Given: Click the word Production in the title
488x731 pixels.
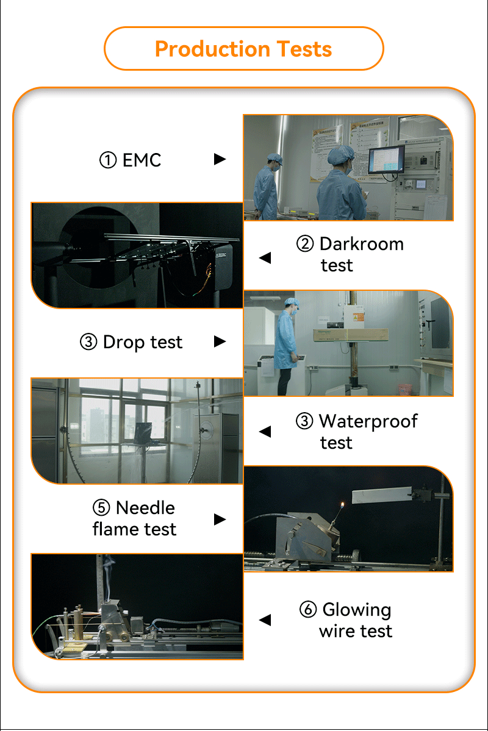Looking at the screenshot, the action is pos(212,49).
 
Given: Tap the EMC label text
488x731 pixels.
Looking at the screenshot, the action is pos(142,160).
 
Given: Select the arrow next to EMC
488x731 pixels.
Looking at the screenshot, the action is pos(220,160).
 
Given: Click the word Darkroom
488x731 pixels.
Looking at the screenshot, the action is pos(362,244).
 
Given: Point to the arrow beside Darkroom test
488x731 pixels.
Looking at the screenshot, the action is pos(265,257).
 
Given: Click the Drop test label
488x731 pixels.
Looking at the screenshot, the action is pos(142,342).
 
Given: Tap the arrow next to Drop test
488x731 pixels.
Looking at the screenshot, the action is pos(220,342).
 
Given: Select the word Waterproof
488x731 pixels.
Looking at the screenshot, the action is pos(368,421).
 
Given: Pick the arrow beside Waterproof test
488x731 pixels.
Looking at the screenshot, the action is pos(265,432).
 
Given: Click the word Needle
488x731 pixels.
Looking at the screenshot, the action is pos(145,508).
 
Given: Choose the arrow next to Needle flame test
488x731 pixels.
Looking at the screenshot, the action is pos(220,519).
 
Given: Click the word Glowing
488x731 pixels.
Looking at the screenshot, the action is pos(357,610).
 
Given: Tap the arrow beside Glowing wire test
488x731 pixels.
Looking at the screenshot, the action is pos(265,619).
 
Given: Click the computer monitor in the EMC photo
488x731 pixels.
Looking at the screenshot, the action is pos(386,160).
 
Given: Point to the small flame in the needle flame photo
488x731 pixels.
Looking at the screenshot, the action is pos(343,505).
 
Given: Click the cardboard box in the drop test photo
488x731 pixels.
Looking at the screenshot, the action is pos(350,334).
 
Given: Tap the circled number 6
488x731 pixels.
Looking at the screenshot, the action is pos(308,609).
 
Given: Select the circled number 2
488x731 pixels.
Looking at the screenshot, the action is pos(305,244).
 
